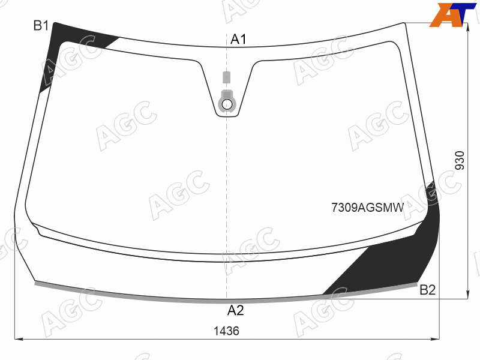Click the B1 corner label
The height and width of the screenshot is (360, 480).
[41, 25]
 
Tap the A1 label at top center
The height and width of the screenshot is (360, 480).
[238, 39]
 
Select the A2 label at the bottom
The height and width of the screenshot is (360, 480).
[235, 310]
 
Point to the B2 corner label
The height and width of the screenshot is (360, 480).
[427, 290]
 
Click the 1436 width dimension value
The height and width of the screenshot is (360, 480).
[226, 331]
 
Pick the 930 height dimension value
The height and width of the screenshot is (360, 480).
[460, 160]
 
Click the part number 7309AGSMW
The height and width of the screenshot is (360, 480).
[368, 208]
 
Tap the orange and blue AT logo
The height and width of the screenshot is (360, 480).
[452, 14]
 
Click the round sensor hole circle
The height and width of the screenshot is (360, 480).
[227, 104]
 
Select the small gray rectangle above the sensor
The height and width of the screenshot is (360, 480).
[227, 77]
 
